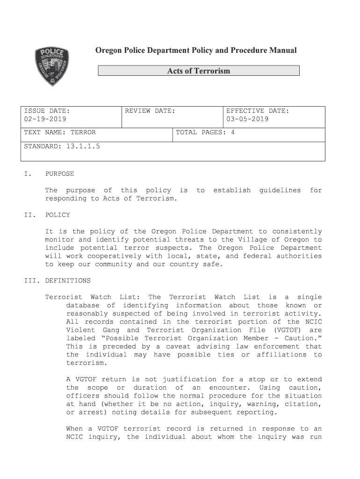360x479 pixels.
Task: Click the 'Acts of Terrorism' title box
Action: tap(199, 71)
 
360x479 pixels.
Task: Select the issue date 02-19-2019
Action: tap(45, 119)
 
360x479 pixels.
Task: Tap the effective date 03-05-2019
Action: tap(247, 119)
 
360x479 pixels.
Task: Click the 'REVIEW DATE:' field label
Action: tap(150, 111)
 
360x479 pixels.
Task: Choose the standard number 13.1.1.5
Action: tap(83, 146)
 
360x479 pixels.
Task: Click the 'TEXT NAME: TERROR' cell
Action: tap(60, 132)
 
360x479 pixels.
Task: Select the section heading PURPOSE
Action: tap(59, 174)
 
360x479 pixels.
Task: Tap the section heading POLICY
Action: tap(58, 215)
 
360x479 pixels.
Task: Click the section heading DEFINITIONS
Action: tap(68, 281)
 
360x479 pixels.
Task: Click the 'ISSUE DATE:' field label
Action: tap(47, 111)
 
